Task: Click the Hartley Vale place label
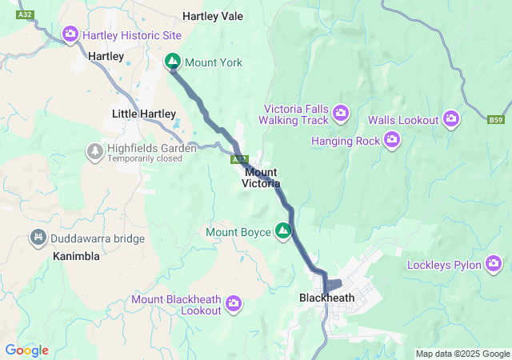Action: (213, 16)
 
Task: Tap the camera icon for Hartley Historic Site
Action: (70, 35)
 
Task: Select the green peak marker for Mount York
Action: (173, 62)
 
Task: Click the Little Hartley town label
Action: (144, 114)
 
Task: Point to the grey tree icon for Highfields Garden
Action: (95, 150)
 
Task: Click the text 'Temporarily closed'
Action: (146, 158)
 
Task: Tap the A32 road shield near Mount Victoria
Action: (238, 161)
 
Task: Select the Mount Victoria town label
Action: (261, 178)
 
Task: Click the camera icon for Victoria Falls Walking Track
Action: (341, 113)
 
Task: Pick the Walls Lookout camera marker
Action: (451, 119)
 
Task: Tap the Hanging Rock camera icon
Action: (391, 141)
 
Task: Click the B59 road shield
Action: (496, 120)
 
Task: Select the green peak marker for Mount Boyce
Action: (282, 232)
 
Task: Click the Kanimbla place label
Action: (76, 257)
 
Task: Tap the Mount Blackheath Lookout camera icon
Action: (234, 302)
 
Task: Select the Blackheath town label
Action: (326, 298)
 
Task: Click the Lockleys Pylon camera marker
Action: (494, 262)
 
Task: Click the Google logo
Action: (26, 350)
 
